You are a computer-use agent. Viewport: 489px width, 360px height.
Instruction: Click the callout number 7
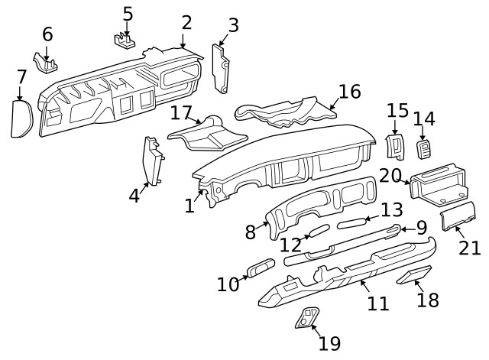click(x=21, y=76)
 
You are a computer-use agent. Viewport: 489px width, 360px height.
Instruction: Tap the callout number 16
click(x=349, y=92)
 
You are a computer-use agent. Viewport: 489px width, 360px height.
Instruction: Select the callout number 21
click(x=470, y=248)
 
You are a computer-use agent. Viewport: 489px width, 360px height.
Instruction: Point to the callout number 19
click(x=329, y=343)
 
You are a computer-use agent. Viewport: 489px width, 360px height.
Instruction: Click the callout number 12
click(x=291, y=245)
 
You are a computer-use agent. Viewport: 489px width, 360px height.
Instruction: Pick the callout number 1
click(x=189, y=205)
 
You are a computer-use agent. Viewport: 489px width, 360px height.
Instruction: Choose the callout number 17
click(x=181, y=113)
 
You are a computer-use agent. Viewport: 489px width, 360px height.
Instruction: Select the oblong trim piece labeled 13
click(x=352, y=222)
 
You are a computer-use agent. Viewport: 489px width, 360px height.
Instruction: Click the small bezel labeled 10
click(x=261, y=270)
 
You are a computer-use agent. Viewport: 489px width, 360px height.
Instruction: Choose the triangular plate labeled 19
click(x=308, y=318)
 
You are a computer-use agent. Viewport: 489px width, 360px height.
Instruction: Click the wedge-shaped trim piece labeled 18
click(x=414, y=275)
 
